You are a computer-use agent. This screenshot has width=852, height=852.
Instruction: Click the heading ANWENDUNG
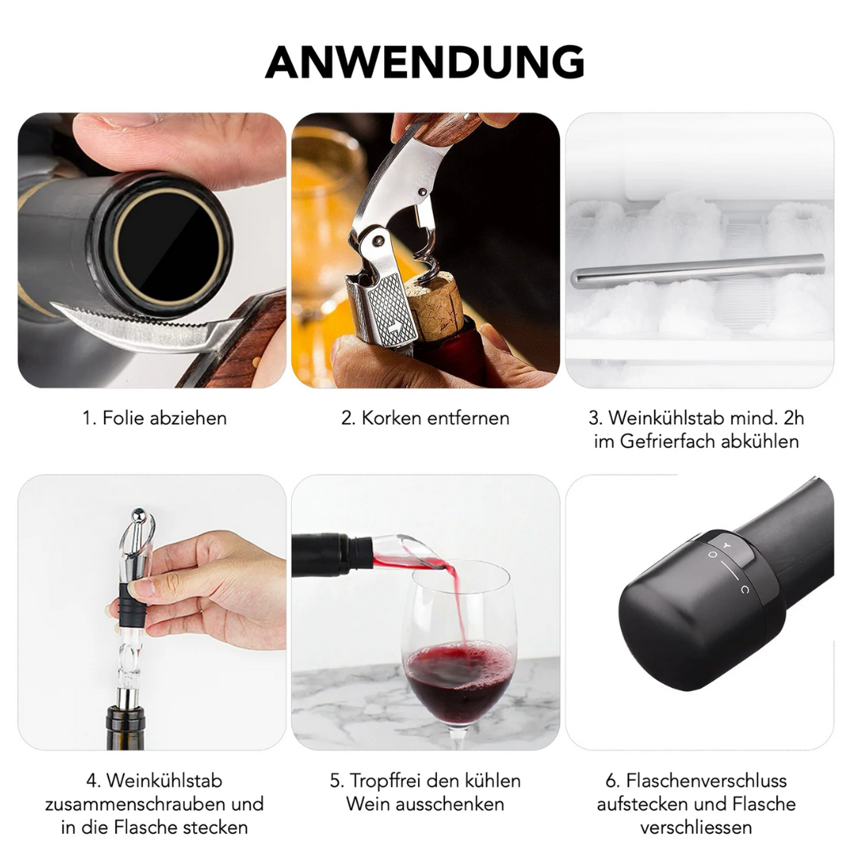(425, 62)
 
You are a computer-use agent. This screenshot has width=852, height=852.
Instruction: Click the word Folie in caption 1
(123, 418)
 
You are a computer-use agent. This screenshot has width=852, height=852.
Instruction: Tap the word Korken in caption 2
(391, 418)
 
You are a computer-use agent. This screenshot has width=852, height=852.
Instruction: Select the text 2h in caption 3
(794, 418)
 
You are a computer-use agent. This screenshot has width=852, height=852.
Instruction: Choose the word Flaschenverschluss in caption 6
(706, 781)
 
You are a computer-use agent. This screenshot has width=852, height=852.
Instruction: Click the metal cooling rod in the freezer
(697, 270)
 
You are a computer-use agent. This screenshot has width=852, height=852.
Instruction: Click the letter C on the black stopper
(745, 589)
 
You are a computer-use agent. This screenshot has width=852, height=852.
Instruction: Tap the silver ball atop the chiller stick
(139, 514)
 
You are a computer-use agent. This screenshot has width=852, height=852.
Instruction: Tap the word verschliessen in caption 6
(696, 828)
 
